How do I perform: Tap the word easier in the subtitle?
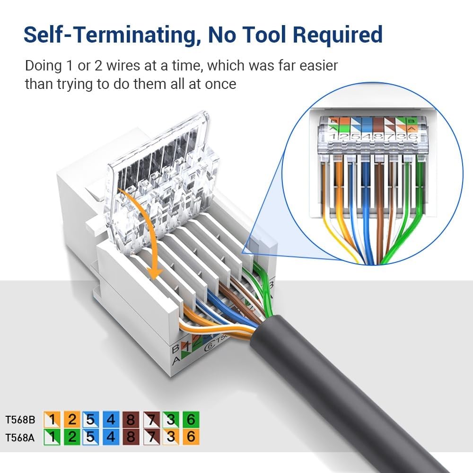point(313,65)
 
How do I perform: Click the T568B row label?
point(20,420)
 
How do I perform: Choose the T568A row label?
point(20,437)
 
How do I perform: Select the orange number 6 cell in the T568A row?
point(191,437)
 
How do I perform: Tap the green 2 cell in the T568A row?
point(72,437)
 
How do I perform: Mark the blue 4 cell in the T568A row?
point(111,437)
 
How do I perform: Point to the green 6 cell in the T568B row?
point(191,420)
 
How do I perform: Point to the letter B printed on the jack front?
point(175,349)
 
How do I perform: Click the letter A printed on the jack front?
point(175,360)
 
